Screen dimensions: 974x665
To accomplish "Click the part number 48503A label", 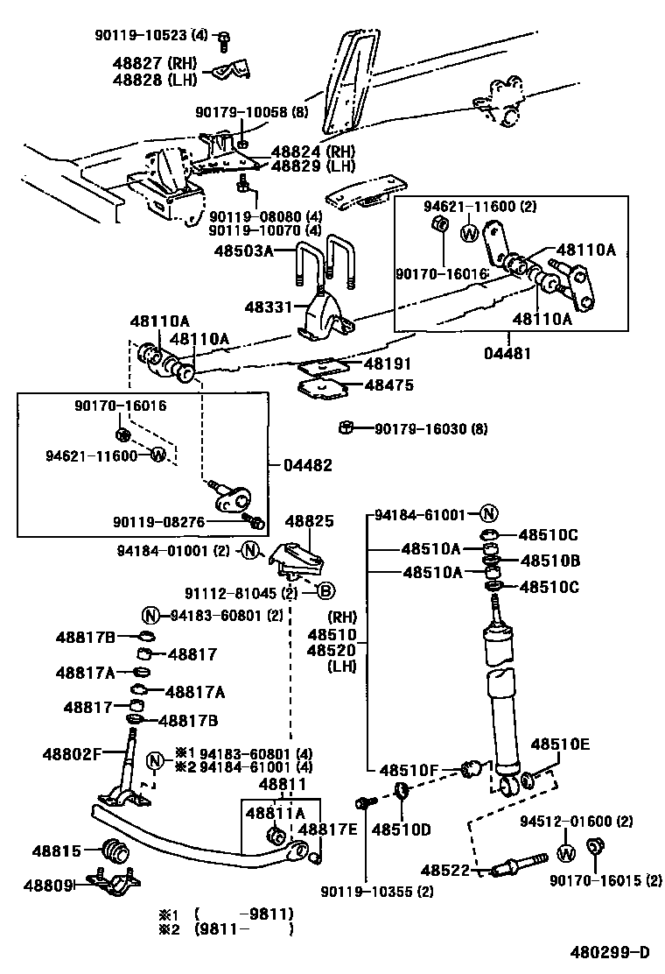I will coord(244,251).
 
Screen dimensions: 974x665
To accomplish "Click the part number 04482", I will coord(307,465).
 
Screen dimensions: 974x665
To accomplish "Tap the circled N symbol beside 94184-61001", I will coord(488,514).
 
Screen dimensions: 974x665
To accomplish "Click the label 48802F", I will coord(73,752).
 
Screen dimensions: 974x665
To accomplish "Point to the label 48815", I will coord(57,850).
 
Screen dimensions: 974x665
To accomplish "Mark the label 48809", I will coord(58,885).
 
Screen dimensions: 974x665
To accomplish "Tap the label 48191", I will coord(388,363).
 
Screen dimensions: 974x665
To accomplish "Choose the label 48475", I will coord(388,385).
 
